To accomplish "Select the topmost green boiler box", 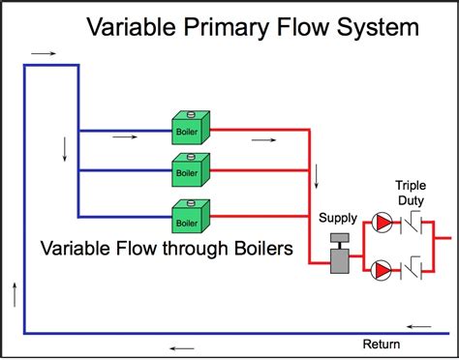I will (x=187, y=127).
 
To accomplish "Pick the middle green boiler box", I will (x=187, y=170).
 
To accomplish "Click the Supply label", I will (x=339, y=218).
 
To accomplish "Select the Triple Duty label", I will (x=410, y=193).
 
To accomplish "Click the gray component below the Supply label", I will (x=340, y=254).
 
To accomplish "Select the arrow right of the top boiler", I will (x=262, y=139).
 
